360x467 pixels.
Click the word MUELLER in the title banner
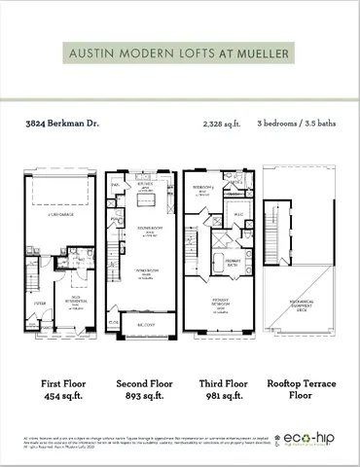(x=264, y=54)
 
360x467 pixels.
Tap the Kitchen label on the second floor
(x=146, y=183)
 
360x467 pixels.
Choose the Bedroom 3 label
(x=202, y=187)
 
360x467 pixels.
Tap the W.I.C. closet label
(x=236, y=214)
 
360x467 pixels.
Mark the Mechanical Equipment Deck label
(x=300, y=305)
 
